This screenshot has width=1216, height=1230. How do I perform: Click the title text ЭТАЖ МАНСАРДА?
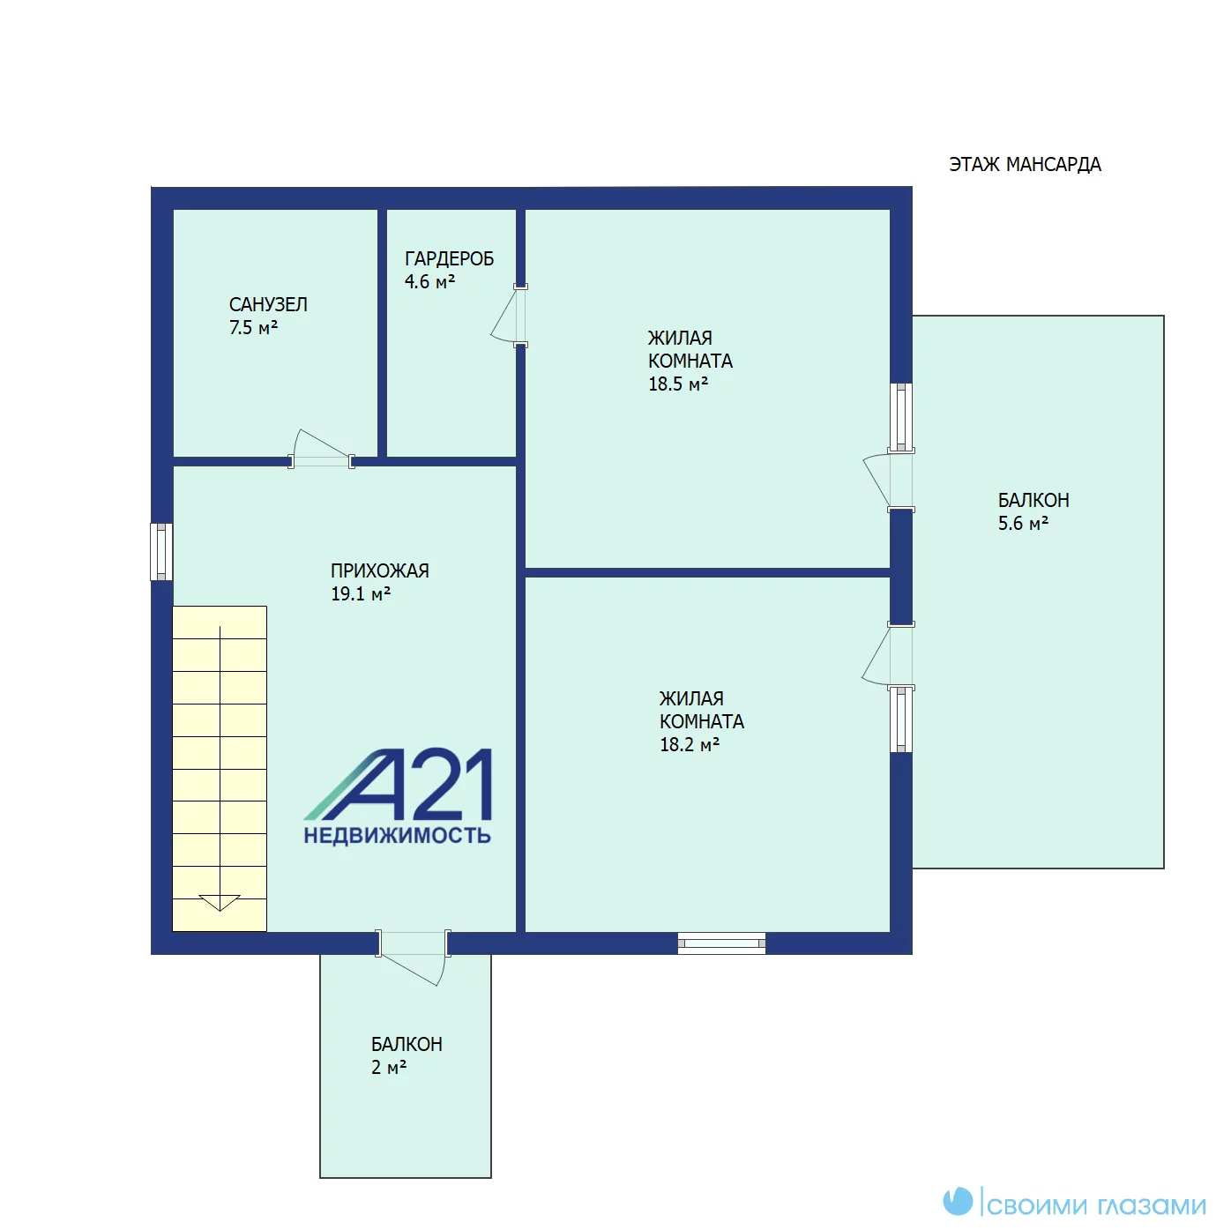click(x=1025, y=165)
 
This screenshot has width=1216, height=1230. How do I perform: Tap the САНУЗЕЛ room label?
click(x=268, y=304)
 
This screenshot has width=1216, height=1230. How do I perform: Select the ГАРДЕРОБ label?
click(x=449, y=258)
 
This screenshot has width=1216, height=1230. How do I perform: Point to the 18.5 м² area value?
click(x=677, y=384)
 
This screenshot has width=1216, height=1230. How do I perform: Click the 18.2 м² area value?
click(x=689, y=744)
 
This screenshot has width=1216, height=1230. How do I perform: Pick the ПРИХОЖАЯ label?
click(x=379, y=570)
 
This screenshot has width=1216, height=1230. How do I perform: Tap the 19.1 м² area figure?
click(x=360, y=593)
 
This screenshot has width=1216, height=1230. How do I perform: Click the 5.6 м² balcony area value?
click(x=1023, y=524)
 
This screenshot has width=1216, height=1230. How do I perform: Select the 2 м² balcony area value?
click(x=388, y=1067)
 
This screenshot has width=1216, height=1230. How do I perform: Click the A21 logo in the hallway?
click(x=398, y=784)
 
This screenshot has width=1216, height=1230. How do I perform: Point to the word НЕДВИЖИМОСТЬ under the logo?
click(x=397, y=836)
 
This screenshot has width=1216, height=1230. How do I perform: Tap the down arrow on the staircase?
click(x=220, y=902)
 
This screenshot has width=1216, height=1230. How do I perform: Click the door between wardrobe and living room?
click(x=509, y=316)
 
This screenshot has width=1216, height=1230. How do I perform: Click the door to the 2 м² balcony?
click(x=413, y=958)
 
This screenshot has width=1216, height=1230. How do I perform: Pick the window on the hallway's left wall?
click(x=161, y=551)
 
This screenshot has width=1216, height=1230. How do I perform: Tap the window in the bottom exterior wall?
click(x=721, y=943)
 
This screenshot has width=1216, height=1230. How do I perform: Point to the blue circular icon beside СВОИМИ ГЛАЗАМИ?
click(x=958, y=1201)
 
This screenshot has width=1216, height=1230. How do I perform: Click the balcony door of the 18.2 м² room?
click(x=888, y=655)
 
